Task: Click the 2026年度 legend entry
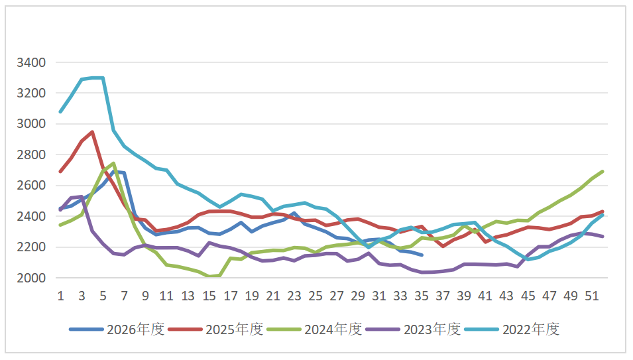117,330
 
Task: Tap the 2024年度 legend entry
314,330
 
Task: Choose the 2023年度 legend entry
414,330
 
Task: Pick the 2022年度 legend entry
512,330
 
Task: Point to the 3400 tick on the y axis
31,62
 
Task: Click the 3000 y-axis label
31,124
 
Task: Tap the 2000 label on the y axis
31,278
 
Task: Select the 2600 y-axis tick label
31,186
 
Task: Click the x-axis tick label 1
61,296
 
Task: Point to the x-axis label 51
592,296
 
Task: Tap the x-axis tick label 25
316,296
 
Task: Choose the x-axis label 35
422,296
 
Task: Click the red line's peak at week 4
92,131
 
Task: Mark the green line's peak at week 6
114,163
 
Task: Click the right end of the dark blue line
422,255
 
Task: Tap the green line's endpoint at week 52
603,172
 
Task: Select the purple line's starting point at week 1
61,210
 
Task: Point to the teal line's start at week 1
61,111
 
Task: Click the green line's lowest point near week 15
209,276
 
